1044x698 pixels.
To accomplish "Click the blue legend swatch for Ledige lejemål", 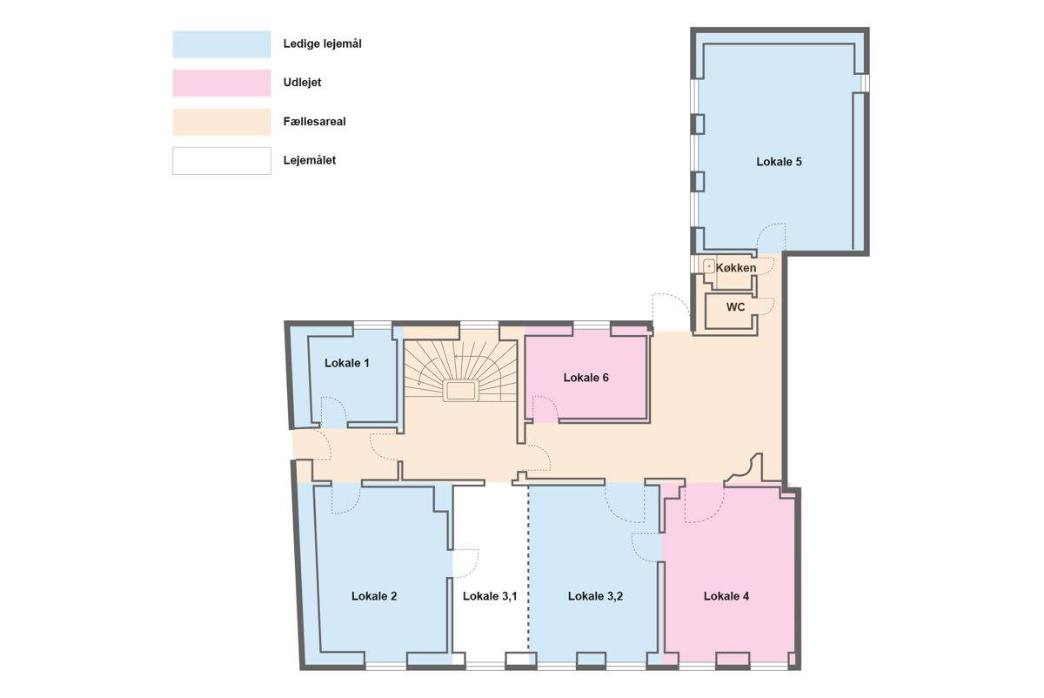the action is point(221,44).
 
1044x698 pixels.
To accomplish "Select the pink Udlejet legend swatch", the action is point(221,83).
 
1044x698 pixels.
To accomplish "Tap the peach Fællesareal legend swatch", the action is point(221,122).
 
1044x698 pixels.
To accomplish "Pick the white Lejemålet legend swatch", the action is point(221,161).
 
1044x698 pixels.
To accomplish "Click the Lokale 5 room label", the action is point(779,162).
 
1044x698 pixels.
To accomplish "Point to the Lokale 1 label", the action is point(347,363).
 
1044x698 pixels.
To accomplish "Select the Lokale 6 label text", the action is point(586,377).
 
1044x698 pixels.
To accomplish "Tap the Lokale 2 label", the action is point(374,596).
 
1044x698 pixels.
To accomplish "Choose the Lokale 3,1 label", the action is point(490,596).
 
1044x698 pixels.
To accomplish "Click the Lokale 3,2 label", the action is point(595,596).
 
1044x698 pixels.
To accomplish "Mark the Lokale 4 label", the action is point(726,596).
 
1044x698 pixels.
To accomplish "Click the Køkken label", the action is point(736,268).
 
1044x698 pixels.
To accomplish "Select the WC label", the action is point(735,307).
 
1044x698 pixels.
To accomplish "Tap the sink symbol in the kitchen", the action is point(709,266).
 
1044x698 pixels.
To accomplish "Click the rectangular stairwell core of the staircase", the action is point(460,391).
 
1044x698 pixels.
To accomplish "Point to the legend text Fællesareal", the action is point(315,122).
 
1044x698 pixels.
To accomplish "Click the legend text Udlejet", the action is point(302,83).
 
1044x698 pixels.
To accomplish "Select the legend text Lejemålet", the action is point(310,160).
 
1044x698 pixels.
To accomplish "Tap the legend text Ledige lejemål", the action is point(322,44).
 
